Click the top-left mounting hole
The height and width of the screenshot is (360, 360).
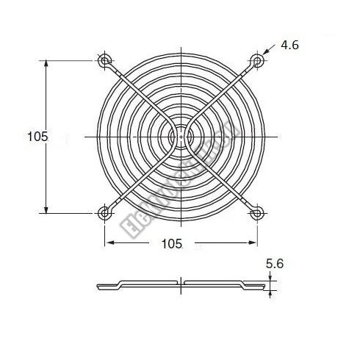click(104, 60)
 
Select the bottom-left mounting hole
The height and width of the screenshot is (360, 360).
click(104, 213)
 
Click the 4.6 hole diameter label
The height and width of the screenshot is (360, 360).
click(290, 46)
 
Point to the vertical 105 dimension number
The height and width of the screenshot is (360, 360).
click(37, 136)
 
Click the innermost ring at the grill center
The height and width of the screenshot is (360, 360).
click(181, 136)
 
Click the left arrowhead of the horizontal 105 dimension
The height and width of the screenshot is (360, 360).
click(108, 242)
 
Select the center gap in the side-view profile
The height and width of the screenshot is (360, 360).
click(181, 283)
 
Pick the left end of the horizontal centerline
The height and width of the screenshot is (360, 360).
click(86, 136)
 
